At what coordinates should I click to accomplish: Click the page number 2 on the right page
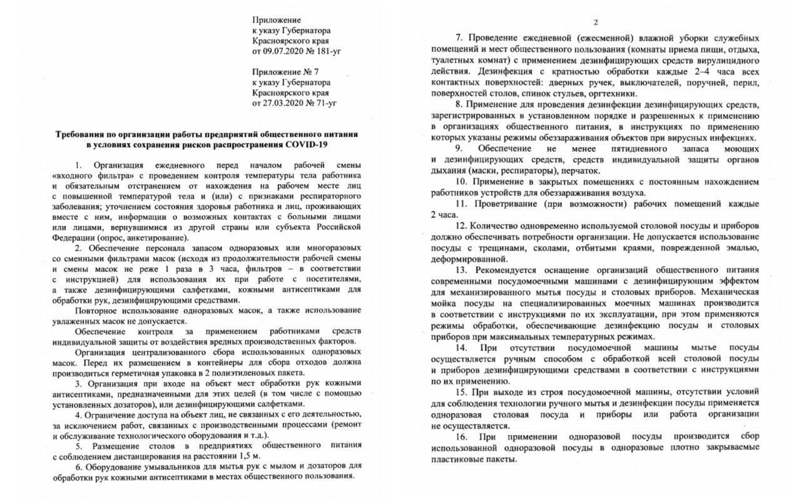pos(596,23)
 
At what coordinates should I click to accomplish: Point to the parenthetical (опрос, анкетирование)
pos(149,239)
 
